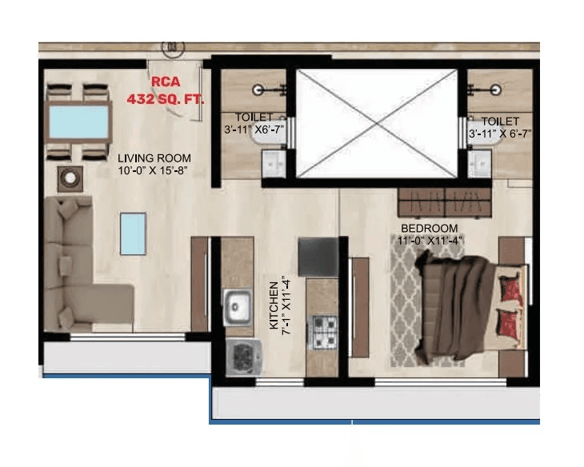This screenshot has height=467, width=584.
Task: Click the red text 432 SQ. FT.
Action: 166,100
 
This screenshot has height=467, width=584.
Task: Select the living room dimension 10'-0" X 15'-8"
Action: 152,170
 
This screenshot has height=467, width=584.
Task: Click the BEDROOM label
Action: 430,228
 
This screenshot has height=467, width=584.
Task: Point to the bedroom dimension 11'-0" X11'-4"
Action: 430,239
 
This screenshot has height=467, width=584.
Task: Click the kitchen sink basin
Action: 238,305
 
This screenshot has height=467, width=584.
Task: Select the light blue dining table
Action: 80,122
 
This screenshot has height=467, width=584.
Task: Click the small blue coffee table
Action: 133,232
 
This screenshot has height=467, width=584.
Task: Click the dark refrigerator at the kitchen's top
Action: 318,257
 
